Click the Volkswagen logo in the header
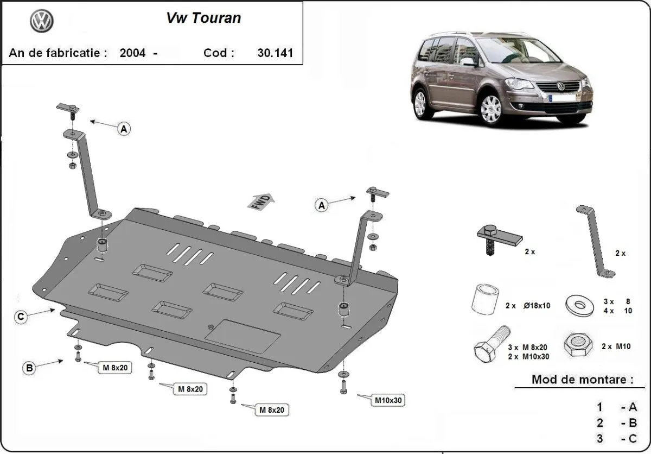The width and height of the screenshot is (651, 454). [42, 23]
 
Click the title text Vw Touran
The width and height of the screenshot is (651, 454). [203, 18]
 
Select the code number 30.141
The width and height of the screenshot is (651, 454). [275, 53]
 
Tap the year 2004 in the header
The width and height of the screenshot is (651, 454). [132, 53]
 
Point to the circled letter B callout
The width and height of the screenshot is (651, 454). [29, 368]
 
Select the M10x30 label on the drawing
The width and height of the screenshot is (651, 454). [388, 401]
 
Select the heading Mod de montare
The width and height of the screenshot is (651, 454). [582, 380]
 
